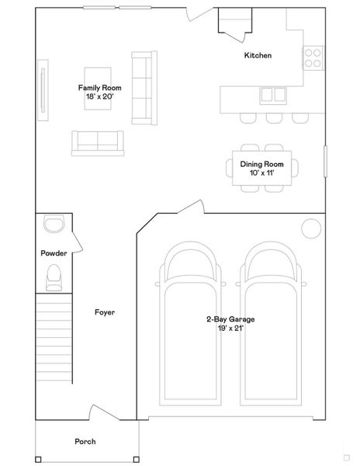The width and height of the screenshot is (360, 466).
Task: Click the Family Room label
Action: coord(99,88)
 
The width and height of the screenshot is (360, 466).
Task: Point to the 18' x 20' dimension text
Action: coord(99,97)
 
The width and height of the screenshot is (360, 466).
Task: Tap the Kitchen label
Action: coord(258,55)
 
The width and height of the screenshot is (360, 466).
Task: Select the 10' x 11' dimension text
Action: coord(261,173)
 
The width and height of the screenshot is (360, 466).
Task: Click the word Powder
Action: coord(54,253)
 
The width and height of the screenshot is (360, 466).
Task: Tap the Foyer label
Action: coord(105,312)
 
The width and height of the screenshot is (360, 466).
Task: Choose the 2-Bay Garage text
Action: coord(230,319)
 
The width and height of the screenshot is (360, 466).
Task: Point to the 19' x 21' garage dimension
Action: coord(230,328)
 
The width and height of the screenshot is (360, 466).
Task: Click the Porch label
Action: coord(85,441)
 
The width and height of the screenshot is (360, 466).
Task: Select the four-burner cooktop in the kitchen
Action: coord(312,57)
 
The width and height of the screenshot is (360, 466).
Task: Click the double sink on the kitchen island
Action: coord(272,95)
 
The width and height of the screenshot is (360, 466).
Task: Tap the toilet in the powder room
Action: coord(54,277)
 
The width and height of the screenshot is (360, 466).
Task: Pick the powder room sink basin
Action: coord(54,224)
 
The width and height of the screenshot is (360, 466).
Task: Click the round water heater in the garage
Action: coord(311,228)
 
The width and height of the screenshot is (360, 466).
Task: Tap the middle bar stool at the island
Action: coord(272,119)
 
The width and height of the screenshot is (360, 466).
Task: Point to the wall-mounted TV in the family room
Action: coord(43,91)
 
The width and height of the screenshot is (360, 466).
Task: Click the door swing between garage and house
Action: coord(190,207)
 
